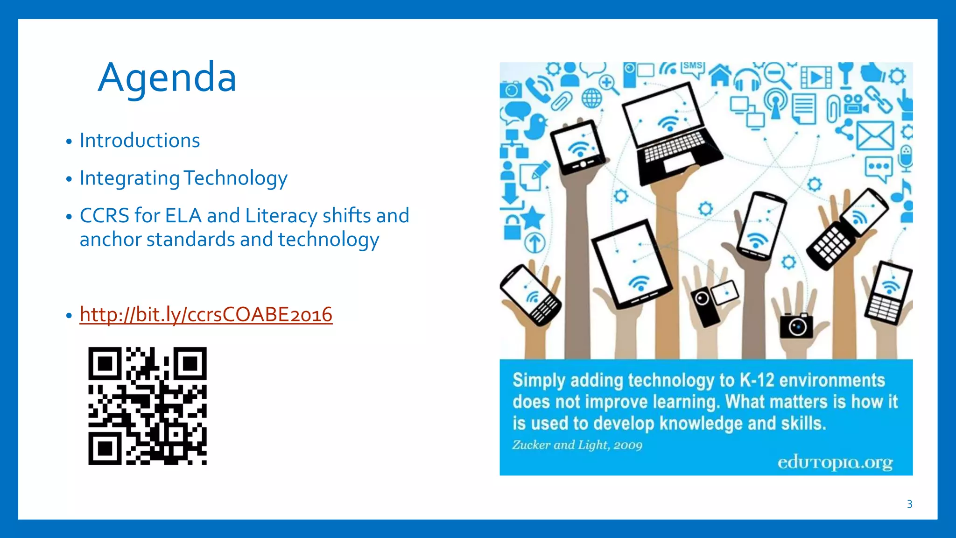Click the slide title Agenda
pos(167,78)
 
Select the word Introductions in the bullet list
pos(140,141)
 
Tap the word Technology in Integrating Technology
pos(235,178)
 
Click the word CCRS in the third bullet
pos(104,216)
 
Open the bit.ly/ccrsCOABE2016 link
pos(206,314)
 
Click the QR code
pos(148,406)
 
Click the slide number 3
pos(909,504)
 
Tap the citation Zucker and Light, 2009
pos(577,445)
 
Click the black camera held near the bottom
pos(796,326)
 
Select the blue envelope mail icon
pos(875,135)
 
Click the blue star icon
pos(533,218)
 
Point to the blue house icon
pos(720,75)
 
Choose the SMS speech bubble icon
pos(692,68)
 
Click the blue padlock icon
pos(512,227)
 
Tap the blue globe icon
pos(591,98)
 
